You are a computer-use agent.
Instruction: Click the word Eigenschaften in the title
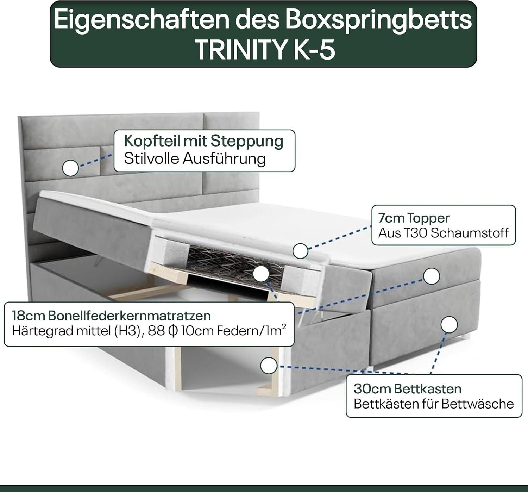[142, 20]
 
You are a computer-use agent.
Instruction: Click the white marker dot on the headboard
[70, 168]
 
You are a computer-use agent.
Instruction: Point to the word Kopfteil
[151, 142]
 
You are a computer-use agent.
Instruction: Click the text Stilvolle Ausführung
[195, 159]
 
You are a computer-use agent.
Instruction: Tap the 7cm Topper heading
[414, 218]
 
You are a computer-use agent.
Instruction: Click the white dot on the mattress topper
[300, 251]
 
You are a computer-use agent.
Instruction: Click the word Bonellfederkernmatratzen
[130, 316]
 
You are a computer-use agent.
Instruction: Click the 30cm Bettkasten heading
[408, 389]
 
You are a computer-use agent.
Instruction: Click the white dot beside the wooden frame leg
[269, 366]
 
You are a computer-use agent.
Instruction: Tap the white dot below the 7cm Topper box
[432, 276]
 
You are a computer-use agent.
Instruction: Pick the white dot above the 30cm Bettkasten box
[449, 325]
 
